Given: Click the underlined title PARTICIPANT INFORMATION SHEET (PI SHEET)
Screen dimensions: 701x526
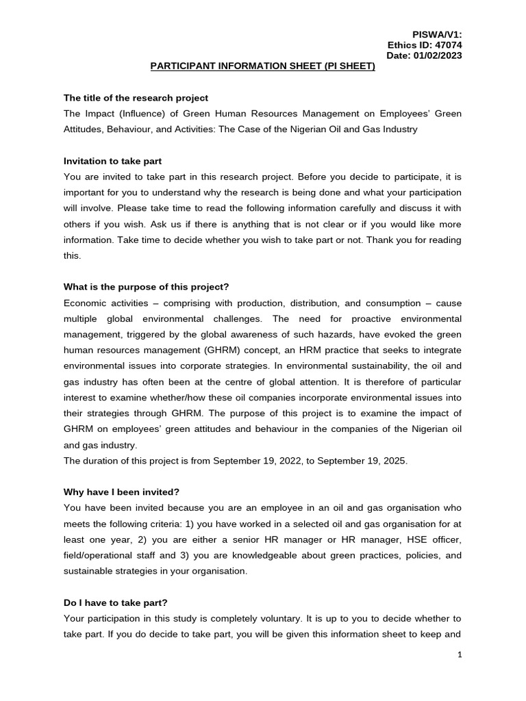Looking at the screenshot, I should point(263,66).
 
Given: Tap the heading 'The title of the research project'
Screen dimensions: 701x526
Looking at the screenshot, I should point(136,98).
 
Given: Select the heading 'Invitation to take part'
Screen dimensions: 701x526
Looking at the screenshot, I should point(112,161).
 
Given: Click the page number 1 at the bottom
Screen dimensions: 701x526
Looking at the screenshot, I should point(460,655).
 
